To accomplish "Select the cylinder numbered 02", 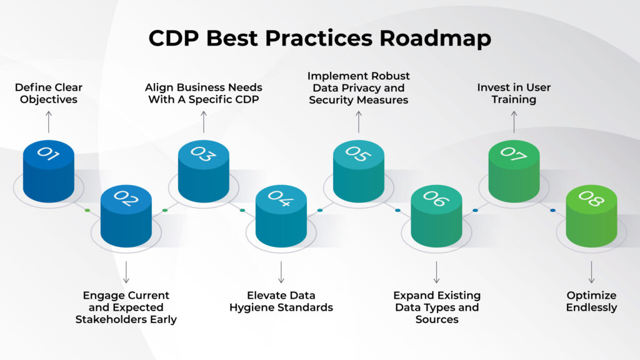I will click(x=126, y=216).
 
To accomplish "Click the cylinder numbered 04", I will click(x=281, y=216).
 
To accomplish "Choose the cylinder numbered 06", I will click(x=436, y=216).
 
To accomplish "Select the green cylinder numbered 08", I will click(x=591, y=216).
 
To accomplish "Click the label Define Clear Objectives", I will click(x=49, y=93).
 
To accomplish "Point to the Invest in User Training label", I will click(x=514, y=93).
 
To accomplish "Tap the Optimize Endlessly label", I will click(x=591, y=301).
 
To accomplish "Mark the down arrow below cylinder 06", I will click(x=436, y=272).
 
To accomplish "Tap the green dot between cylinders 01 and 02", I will click(x=87, y=210).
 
